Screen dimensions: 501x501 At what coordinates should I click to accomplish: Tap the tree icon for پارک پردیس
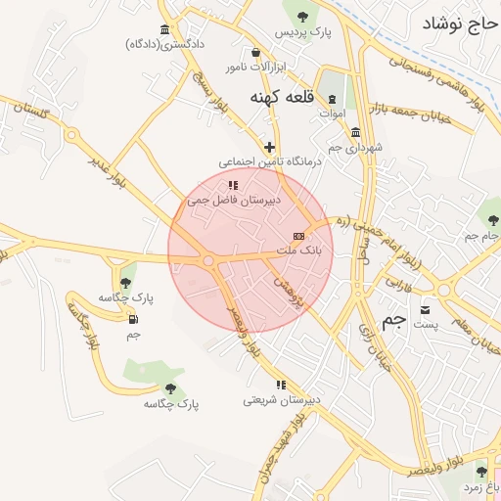[x=302, y=15]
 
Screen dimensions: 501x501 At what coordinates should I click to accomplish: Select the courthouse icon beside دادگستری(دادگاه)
[x=163, y=29]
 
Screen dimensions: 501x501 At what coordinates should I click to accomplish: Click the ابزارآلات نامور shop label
[x=256, y=67]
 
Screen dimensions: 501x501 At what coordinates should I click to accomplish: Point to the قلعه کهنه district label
[x=282, y=97]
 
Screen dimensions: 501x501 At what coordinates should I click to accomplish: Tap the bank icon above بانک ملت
[x=298, y=236]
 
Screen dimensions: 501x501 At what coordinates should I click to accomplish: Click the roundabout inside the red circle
[x=207, y=260]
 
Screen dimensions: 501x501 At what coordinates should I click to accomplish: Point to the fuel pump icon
[x=133, y=318]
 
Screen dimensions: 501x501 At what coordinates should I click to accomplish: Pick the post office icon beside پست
[x=425, y=309]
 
